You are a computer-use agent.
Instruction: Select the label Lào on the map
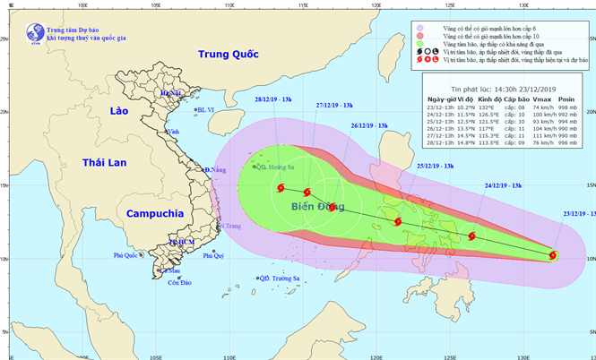pyautogui.click(x=118, y=111)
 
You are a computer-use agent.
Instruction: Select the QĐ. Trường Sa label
pyautogui.click(x=280, y=278)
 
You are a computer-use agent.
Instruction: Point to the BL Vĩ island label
pyautogui.click(x=206, y=110)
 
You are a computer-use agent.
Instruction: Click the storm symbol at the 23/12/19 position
pyautogui.click(x=552, y=256)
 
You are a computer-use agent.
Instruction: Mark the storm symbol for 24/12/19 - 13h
pyautogui.click(x=471, y=236)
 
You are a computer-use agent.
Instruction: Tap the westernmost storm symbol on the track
pyautogui.click(x=281, y=188)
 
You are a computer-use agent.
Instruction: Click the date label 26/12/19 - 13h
pyautogui.click(x=369, y=125)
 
